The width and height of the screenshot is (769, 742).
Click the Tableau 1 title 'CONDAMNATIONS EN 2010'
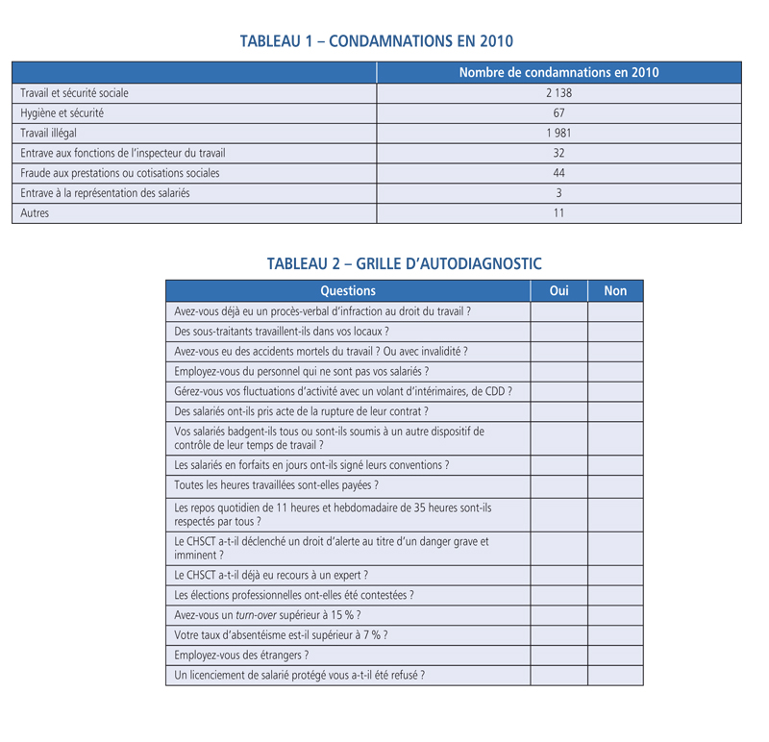(376, 41)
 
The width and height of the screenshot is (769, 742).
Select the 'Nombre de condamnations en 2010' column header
(558, 72)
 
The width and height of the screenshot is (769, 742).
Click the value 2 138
(558, 93)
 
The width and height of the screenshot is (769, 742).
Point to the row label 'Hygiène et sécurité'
(62, 113)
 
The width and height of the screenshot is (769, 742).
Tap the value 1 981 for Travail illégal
(558, 134)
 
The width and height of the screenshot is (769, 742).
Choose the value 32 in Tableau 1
(558, 153)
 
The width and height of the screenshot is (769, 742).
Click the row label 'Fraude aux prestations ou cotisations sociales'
(120, 173)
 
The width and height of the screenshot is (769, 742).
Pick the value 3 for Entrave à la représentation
(558, 193)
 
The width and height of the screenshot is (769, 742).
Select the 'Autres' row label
(35, 213)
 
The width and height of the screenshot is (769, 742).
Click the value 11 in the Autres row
(558, 213)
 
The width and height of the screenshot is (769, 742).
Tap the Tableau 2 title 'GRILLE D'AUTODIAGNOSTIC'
(404, 263)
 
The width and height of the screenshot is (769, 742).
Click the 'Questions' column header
(348, 290)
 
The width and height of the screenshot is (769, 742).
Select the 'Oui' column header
(558, 290)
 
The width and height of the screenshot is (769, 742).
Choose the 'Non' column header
(615, 290)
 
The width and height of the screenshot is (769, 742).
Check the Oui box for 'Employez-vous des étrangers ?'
(558, 655)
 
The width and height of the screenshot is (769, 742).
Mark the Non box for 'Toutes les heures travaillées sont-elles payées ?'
(615, 485)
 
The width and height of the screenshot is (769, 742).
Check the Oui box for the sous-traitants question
(558, 332)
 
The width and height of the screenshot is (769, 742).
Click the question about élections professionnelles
(294, 595)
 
